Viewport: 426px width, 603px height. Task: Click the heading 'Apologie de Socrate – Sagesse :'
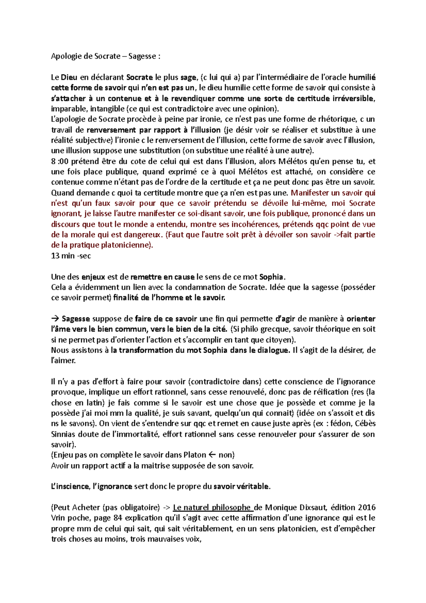click(105, 56)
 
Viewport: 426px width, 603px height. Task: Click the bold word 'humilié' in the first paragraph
click(362, 77)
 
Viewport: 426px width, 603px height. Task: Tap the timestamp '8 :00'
click(59, 162)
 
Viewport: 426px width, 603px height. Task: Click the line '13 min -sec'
click(71, 256)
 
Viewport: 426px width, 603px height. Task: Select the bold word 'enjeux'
click(93, 277)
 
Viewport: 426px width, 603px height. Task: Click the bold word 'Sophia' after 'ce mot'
click(271, 277)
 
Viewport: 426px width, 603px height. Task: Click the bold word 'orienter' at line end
click(361, 319)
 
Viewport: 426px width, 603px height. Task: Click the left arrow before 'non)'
click(212, 455)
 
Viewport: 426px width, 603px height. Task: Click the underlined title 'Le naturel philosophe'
click(212, 507)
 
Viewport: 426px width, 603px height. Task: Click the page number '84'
click(118, 518)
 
